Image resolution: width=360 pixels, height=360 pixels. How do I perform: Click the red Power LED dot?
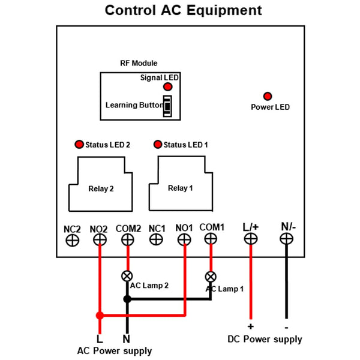point(268,96)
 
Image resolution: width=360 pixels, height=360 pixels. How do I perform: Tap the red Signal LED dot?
point(168,87)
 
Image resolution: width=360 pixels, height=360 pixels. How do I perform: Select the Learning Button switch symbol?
point(167,106)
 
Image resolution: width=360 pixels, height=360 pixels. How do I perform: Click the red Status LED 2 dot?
point(79,145)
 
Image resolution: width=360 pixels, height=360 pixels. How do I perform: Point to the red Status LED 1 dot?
point(158,145)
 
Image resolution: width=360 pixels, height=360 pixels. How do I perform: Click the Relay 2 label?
point(101,189)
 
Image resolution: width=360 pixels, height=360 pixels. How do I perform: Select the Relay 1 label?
point(181,188)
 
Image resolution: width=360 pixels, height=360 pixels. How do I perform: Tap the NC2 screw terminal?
point(73,241)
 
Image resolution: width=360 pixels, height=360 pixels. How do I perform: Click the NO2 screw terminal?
point(100,240)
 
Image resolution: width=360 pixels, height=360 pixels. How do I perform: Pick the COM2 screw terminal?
point(128,240)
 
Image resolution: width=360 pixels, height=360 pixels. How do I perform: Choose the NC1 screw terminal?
point(156,239)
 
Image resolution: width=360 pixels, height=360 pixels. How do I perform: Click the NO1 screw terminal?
point(184,239)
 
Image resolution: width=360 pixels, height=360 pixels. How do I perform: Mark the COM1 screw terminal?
point(211,239)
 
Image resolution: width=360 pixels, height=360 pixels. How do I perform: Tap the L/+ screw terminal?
point(251,239)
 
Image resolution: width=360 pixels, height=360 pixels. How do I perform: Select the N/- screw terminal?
point(287,239)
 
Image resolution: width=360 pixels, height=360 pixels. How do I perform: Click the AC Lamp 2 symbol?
point(127,276)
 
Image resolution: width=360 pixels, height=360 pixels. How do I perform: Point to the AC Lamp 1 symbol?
point(211,277)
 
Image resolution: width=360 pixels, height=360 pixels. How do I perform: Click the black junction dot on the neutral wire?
point(127,299)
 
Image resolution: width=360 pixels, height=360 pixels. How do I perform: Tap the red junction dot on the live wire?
point(100,316)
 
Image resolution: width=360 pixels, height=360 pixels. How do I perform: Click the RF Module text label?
point(139,63)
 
